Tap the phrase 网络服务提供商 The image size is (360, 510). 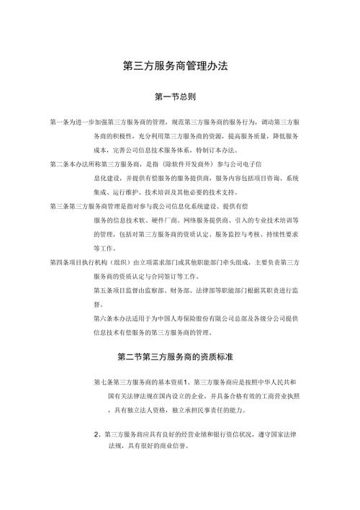pos(210,220)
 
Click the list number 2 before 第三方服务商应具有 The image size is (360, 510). pos(96,434)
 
